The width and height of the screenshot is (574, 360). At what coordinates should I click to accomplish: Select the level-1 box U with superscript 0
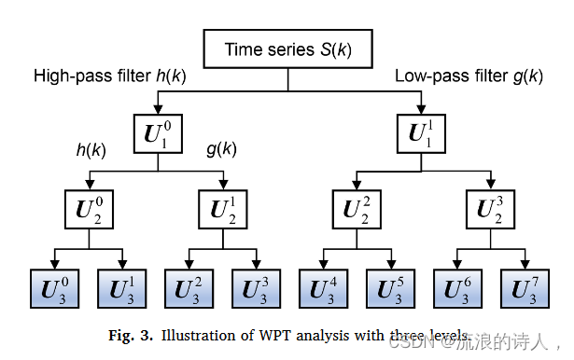click(157, 133)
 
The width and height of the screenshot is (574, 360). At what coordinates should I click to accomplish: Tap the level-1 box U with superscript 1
click(425, 133)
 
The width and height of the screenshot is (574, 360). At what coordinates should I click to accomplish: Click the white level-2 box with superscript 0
click(90, 210)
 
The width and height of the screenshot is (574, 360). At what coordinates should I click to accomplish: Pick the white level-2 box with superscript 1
click(224, 210)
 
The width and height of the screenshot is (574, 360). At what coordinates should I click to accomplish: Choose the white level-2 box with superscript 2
click(357, 210)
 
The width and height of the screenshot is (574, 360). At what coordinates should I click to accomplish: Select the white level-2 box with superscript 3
click(491, 210)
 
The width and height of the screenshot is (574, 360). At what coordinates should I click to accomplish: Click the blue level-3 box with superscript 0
click(56, 287)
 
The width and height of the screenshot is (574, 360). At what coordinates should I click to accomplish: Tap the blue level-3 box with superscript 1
click(123, 287)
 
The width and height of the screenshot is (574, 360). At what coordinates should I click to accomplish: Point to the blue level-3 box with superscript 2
click(190, 287)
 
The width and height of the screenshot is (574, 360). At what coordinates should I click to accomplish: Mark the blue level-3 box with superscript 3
click(258, 287)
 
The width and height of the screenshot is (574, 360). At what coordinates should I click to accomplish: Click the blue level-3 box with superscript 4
click(324, 287)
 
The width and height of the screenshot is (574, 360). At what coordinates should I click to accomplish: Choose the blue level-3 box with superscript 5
click(391, 287)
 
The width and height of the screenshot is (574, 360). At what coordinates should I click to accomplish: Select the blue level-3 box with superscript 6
click(458, 287)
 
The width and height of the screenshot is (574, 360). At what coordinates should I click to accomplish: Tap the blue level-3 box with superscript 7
click(525, 287)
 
